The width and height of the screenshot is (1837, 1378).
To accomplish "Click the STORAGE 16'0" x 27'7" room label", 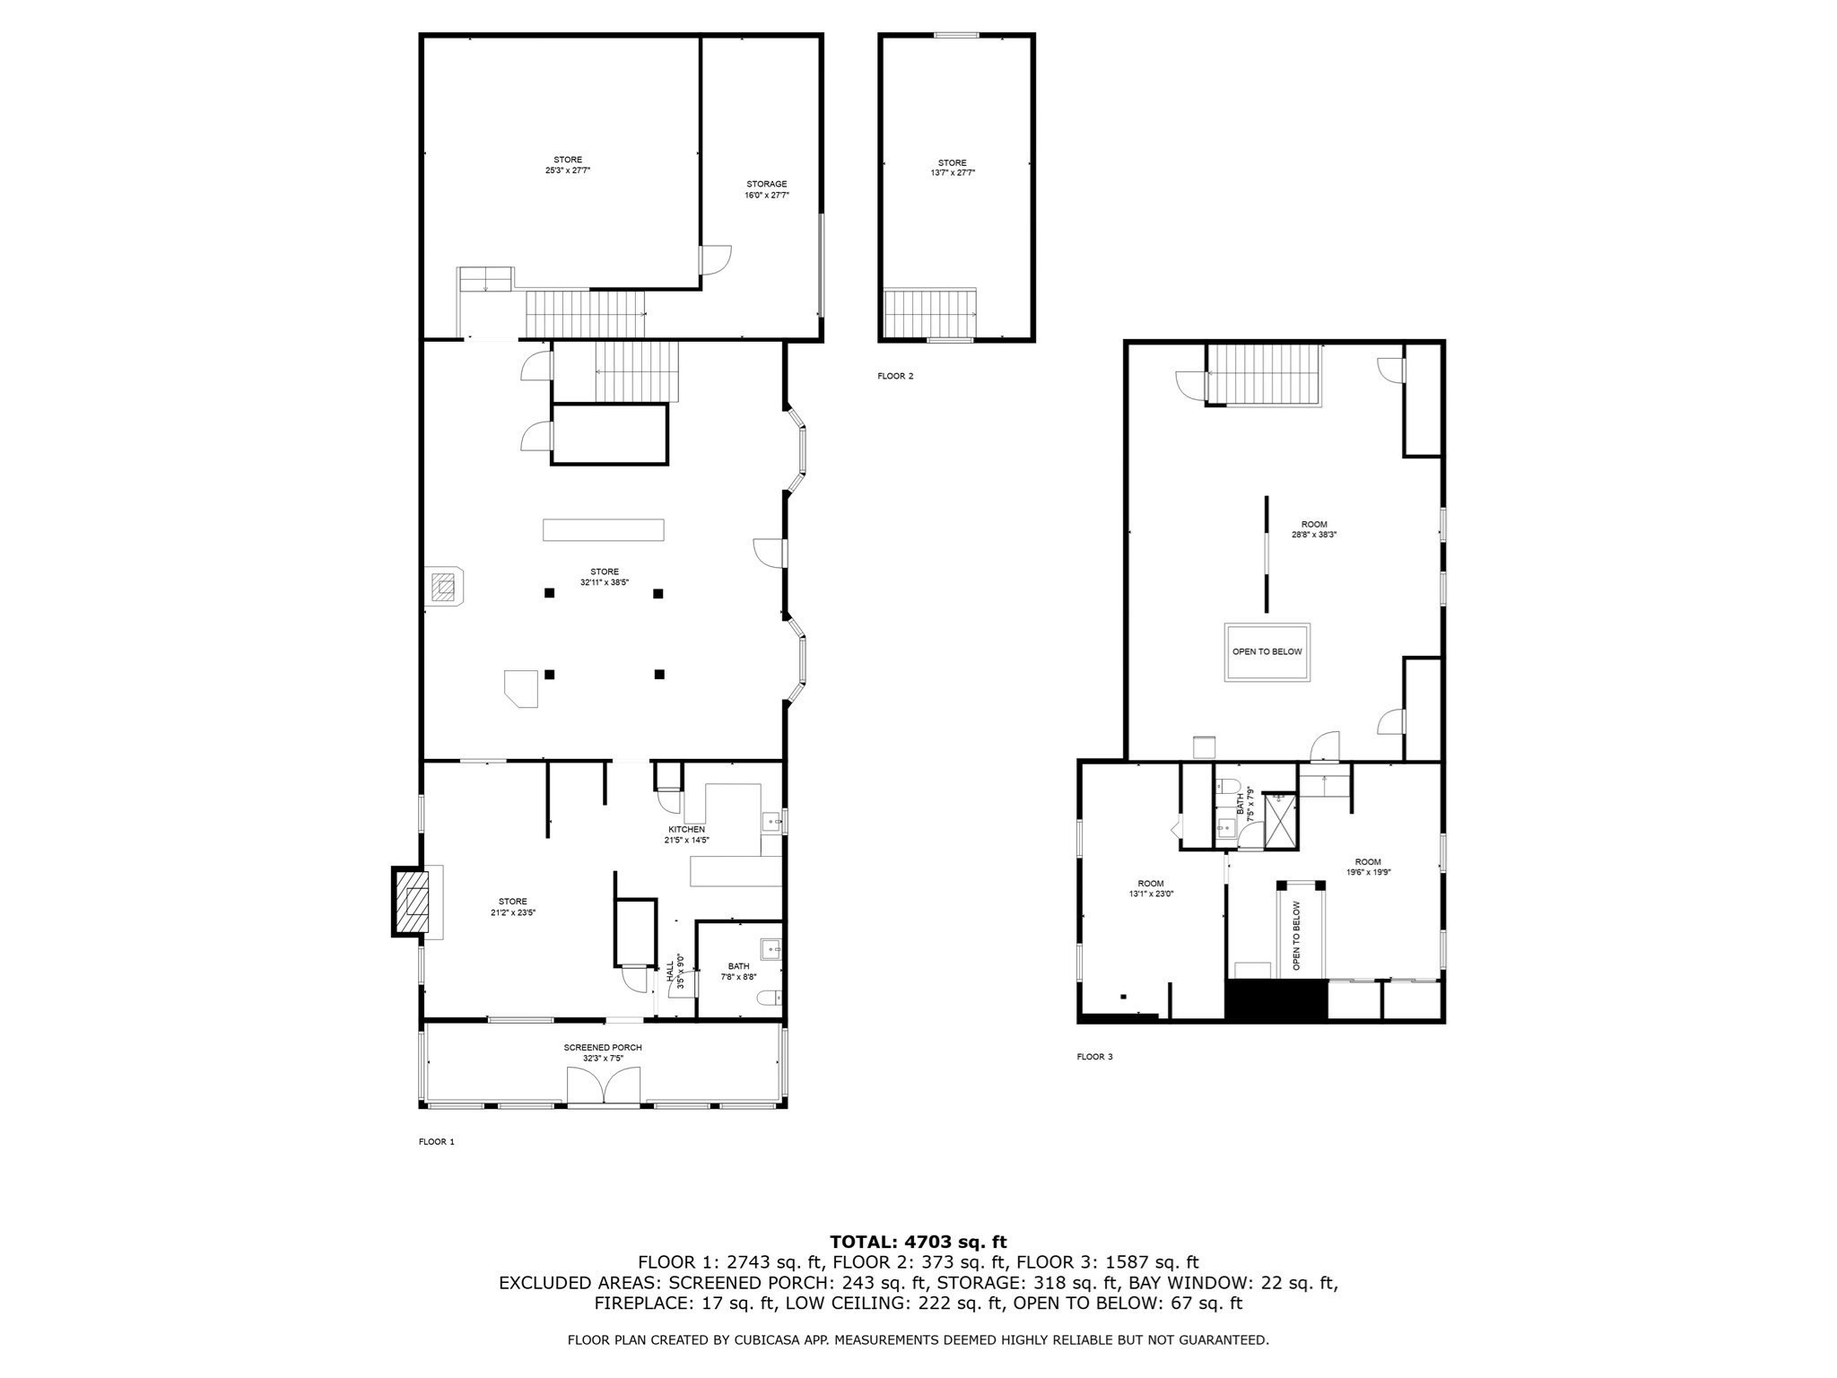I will pyautogui.click(x=766, y=189).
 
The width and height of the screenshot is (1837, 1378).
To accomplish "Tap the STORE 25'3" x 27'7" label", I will pyautogui.click(x=567, y=165).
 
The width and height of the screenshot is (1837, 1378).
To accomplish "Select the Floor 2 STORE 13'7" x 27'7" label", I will pyautogui.click(x=952, y=168).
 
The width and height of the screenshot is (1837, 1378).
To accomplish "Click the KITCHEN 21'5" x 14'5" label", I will pyautogui.click(x=686, y=834).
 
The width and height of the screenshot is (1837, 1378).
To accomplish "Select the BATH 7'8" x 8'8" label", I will pyautogui.click(x=738, y=971).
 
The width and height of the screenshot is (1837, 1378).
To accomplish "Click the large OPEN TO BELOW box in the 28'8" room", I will pyautogui.click(x=1267, y=652).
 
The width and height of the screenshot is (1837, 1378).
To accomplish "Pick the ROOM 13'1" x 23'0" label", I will pyautogui.click(x=1151, y=888).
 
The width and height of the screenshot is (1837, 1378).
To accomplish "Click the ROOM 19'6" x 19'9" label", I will pyautogui.click(x=1368, y=867).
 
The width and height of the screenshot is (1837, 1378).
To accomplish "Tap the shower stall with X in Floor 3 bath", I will pyautogui.click(x=1280, y=821).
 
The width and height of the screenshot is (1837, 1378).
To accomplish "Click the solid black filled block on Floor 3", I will pyautogui.click(x=1275, y=1000).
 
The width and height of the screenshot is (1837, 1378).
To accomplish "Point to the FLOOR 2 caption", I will pyautogui.click(x=895, y=376).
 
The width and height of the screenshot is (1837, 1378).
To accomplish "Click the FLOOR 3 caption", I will pyautogui.click(x=1094, y=1057).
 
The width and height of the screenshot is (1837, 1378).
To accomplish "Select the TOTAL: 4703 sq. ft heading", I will pyautogui.click(x=918, y=1242).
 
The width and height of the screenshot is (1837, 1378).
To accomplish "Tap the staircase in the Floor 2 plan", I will pyautogui.click(x=929, y=311).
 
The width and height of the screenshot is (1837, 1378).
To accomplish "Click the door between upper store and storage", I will pyautogui.click(x=715, y=261).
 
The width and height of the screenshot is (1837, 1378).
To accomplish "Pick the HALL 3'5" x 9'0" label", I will pyautogui.click(x=675, y=974).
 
